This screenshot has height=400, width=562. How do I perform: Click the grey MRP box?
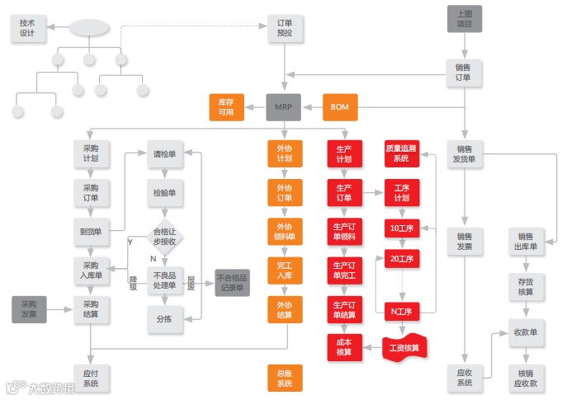coord(285,107)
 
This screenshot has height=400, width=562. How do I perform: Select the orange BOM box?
coord(340,107)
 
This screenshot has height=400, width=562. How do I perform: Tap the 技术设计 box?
coord(28,28)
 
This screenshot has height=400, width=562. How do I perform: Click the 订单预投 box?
coord(286,28)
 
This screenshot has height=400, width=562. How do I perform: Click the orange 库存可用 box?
coord(226,107)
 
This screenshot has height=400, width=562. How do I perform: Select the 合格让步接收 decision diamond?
coord(165,236)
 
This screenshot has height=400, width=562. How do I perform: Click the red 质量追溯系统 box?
coord(402,153)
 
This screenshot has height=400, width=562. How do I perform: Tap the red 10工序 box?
coord(402,228)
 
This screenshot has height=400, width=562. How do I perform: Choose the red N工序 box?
coord(402,310)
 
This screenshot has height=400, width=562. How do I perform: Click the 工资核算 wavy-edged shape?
coord(404,348)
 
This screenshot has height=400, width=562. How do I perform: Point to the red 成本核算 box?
coord(344,347)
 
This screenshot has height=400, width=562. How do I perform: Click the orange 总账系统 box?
coord(285,378)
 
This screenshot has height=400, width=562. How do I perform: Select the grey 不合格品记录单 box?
coord(232,282)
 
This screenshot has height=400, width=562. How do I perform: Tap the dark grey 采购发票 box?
coord(29,309)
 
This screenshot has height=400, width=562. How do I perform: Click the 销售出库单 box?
coord(526,241)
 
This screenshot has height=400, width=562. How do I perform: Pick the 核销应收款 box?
coord(526,377)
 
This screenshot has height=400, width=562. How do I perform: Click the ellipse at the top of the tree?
coord(90,28)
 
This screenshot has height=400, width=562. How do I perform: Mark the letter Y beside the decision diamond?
coord(130,242)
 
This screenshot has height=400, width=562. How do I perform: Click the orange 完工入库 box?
coord(285,270)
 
